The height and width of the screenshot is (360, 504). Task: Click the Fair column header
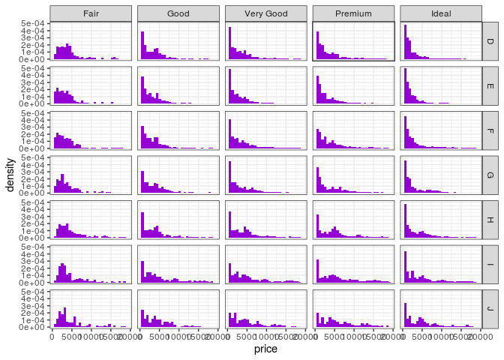[91, 13]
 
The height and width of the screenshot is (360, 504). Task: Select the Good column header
[178, 13]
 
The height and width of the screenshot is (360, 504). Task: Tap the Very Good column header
[265, 13]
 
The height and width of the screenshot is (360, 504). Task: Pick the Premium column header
[353, 13]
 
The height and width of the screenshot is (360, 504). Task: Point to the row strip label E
[490, 85]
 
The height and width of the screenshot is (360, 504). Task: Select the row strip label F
[490, 130]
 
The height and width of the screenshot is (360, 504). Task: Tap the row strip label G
[490, 175]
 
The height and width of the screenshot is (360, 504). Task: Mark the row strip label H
[490, 220]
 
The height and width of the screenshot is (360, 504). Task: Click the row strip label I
[490, 264]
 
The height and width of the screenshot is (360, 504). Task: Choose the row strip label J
[490, 309]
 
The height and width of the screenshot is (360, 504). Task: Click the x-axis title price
[265, 349]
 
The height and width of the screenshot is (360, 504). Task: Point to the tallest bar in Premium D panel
[317, 46]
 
